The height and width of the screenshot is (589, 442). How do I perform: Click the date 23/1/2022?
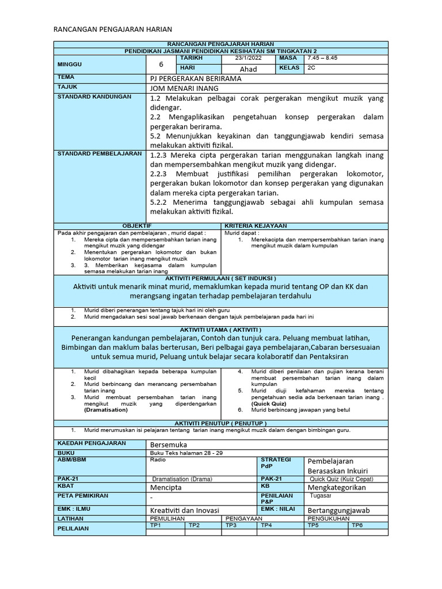click(x=248, y=59)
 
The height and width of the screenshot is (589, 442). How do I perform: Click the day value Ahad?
click(x=248, y=69)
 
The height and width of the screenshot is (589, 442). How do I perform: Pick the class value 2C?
click(x=312, y=68)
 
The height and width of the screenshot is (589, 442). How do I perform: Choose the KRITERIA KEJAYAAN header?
click(x=256, y=225)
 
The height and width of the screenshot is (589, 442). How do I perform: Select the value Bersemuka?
click(x=169, y=445)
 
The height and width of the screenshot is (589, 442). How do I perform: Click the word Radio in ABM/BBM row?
click(x=157, y=460)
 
